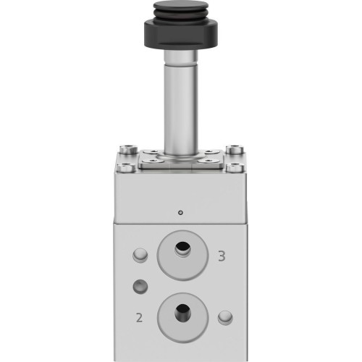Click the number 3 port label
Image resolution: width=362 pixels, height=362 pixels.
[x=222, y=255]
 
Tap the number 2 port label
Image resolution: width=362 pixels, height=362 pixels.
[x=138, y=316]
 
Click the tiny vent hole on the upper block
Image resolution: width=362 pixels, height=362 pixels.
[x=180, y=213]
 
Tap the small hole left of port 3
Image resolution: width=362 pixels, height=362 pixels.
[x=140, y=255]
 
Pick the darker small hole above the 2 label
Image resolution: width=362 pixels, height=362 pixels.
[x=140, y=286]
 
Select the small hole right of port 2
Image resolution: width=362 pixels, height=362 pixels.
[x=225, y=316]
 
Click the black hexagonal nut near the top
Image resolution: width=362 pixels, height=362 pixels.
[x=180, y=36]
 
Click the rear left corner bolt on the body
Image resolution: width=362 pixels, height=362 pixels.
[x=129, y=151]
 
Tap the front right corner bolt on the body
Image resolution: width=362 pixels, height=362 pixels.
[x=237, y=169]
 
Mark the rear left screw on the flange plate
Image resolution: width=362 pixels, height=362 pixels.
[x=153, y=152]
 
